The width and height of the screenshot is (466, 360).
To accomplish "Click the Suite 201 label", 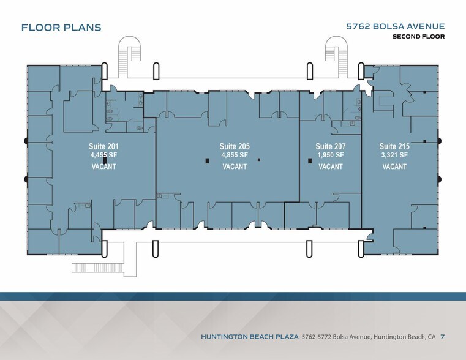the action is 103,146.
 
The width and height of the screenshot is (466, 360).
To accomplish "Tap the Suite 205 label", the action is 235,146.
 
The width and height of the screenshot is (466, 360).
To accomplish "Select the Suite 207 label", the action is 331,146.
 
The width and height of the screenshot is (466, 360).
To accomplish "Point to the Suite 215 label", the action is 394,146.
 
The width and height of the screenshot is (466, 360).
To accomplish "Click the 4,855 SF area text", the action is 235,155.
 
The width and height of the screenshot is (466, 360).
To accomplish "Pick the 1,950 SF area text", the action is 331,155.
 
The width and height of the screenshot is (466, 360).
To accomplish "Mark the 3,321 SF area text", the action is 394,155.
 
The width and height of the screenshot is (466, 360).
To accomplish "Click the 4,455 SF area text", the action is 103,155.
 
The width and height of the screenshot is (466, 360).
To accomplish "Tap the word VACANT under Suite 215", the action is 394,167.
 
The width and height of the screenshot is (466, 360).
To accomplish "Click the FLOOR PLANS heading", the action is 61,28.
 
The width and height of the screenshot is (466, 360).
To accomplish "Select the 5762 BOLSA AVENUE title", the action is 396,26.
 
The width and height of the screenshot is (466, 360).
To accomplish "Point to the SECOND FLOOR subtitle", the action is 419,37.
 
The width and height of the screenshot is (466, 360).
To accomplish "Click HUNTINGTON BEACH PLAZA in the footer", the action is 250,337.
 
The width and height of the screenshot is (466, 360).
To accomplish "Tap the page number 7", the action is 443,337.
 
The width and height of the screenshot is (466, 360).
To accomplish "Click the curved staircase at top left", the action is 129,57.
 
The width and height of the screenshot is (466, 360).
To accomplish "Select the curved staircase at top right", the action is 336,57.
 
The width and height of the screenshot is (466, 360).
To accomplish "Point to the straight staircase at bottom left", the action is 97,268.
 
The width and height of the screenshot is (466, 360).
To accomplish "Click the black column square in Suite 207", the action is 310,160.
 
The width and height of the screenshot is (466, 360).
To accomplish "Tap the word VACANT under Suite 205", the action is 235,167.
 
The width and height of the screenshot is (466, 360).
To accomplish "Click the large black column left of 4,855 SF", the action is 207,160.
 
